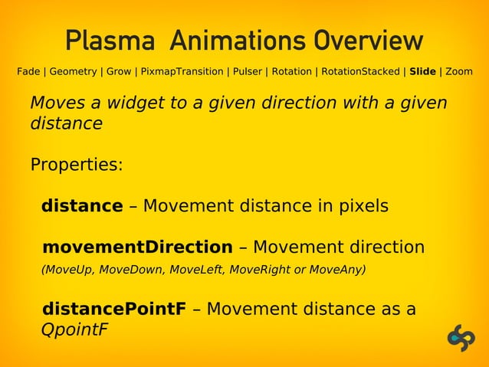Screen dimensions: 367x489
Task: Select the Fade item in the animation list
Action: [28, 72]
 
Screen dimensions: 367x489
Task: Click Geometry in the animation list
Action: [73, 72]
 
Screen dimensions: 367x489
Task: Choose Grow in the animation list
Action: [119, 72]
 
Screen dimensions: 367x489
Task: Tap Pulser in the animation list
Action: [248, 72]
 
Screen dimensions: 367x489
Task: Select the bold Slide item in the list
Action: [422, 72]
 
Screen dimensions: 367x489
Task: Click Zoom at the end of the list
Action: [459, 72]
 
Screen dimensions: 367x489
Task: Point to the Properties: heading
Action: [76, 165]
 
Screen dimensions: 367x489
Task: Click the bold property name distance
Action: [82, 206]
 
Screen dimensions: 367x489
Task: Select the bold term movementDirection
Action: [137, 247]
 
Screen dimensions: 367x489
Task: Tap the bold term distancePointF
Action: [114, 310]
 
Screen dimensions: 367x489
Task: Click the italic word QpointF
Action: [74, 331]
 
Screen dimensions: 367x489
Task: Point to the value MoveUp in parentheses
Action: [67, 270]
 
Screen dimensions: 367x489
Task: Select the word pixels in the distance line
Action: [363, 206]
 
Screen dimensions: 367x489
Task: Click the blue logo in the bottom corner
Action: [461, 339]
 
